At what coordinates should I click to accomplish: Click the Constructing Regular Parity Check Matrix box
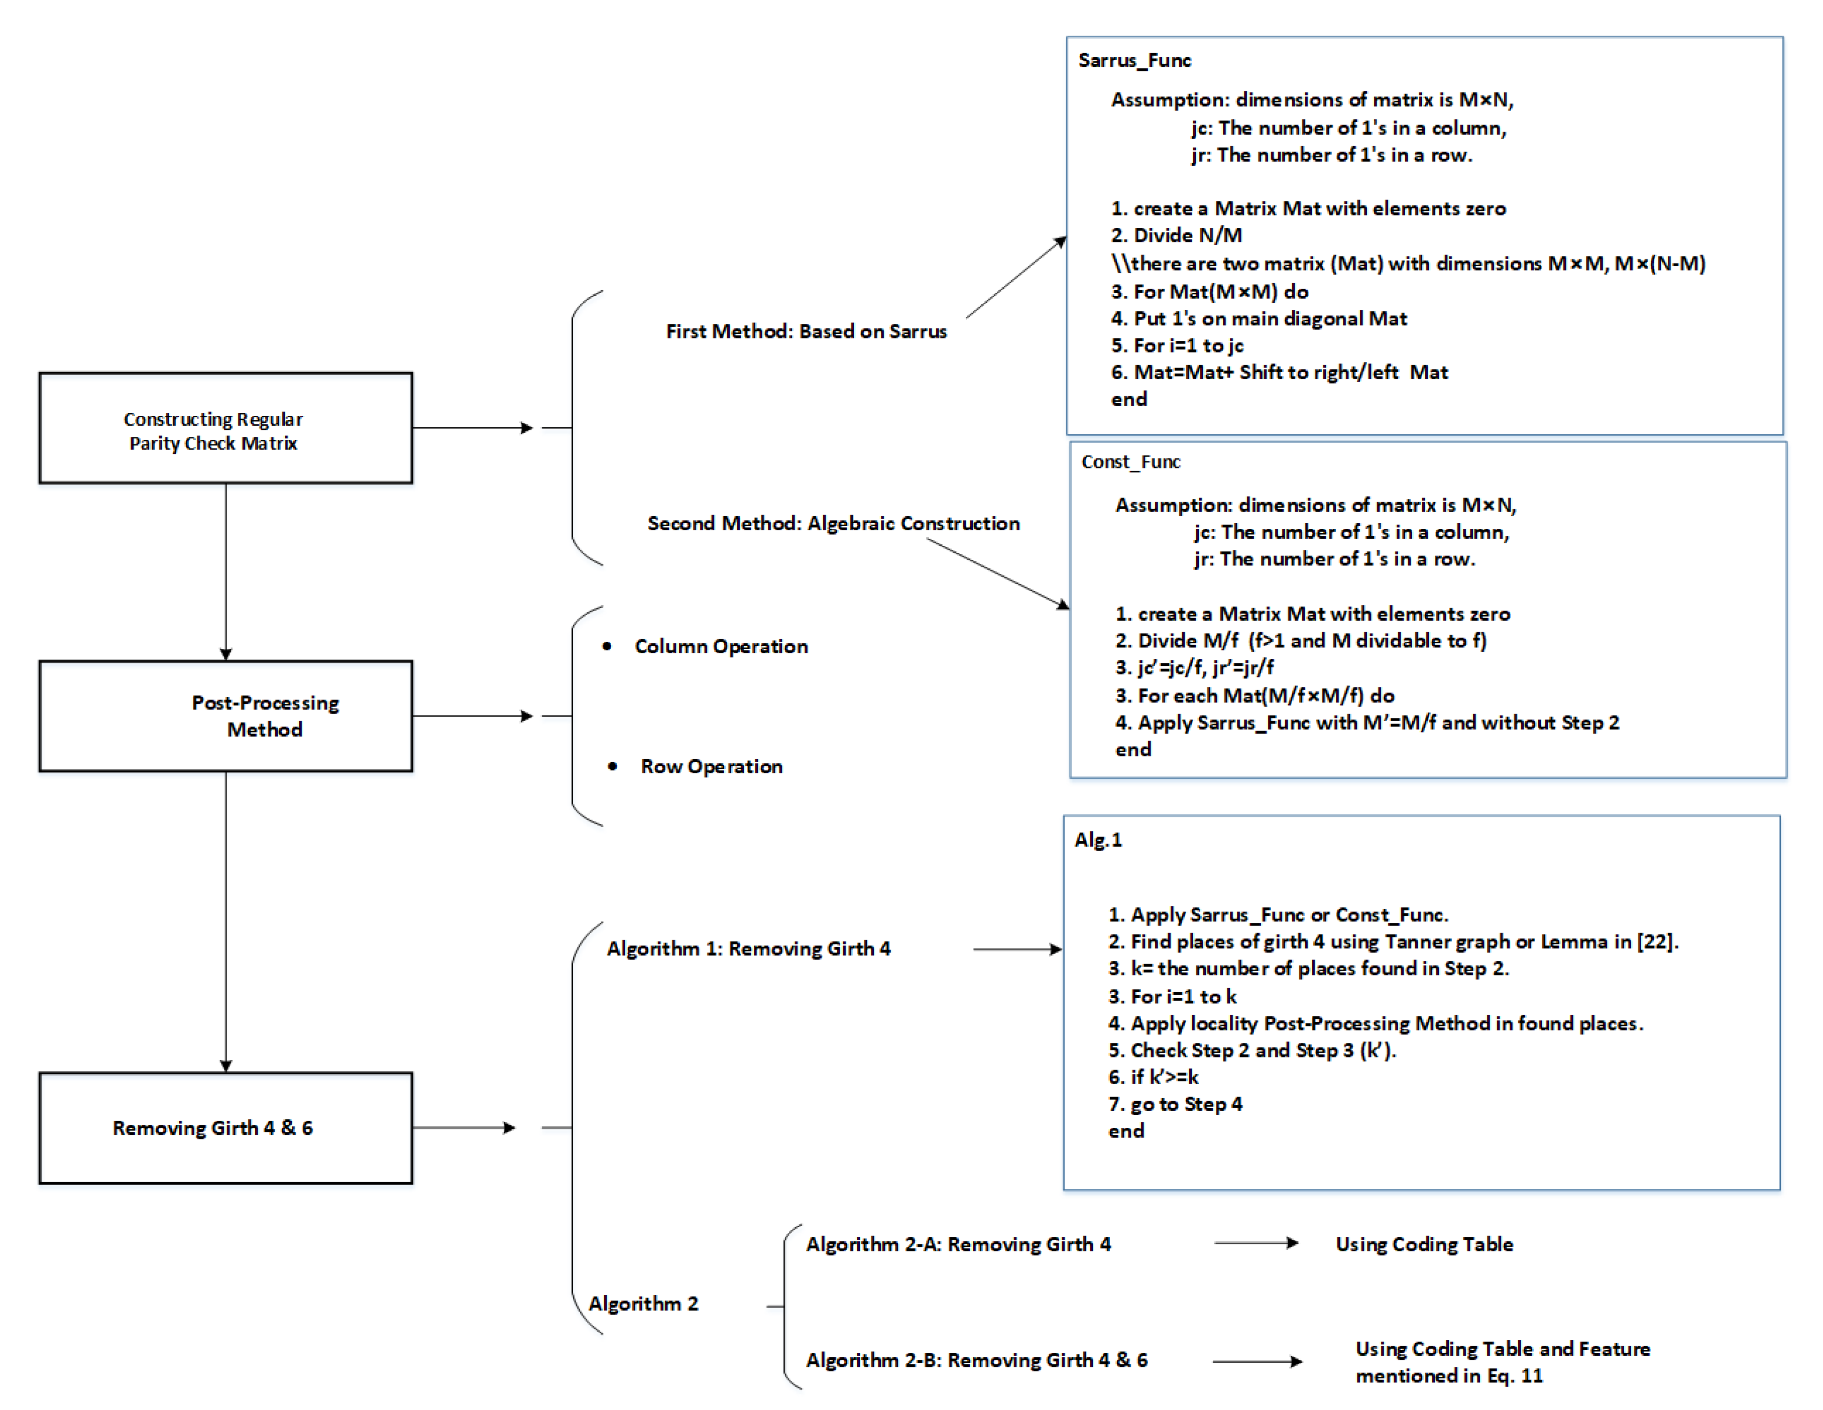225,428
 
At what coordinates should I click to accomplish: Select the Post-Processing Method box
225,716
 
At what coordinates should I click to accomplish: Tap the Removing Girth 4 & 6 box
225,1128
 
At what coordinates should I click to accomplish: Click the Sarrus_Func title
1134,61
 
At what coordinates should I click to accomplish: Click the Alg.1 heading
1098,840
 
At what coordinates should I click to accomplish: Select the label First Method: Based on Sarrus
807,331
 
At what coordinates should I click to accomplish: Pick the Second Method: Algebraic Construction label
833,523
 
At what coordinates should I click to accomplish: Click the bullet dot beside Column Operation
607,646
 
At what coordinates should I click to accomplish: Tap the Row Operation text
711,766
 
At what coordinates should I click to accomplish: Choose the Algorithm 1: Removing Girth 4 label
748,949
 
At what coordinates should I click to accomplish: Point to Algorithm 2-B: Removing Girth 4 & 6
977,1360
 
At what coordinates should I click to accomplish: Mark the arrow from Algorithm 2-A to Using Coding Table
1256,1243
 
